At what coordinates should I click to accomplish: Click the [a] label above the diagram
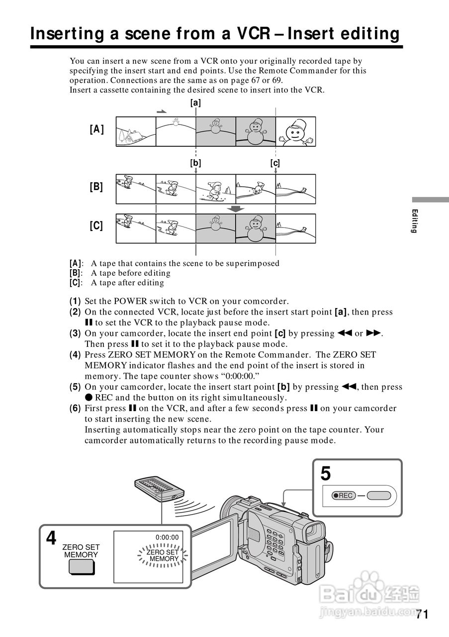click(195, 103)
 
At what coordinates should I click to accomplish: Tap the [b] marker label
click(195, 163)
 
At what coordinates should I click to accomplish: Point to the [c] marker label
click(275, 163)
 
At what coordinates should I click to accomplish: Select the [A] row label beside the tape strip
click(96, 129)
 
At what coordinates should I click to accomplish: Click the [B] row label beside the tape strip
click(96, 187)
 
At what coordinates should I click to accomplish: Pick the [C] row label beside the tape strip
click(96, 226)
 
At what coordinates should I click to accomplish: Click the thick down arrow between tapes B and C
click(236, 209)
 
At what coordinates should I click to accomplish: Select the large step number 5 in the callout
click(326, 474)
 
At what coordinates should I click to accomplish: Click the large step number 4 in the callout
click(51, 538)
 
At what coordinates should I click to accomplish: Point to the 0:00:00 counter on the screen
click(167, 537)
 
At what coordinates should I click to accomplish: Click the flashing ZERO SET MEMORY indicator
click(163, 555)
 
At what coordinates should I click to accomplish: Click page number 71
click(422, 614)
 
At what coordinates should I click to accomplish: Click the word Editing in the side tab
click(414, 221)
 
